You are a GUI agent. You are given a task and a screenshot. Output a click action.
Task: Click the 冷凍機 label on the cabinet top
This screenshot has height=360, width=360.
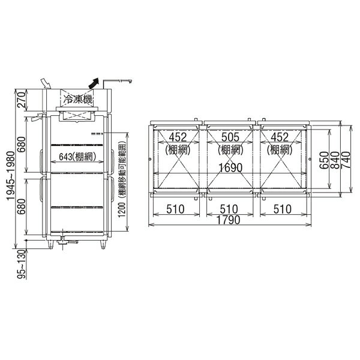pyautogui.click(x=78, y=100)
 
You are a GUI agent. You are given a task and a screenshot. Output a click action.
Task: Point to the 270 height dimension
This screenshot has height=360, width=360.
pyautogui.click(x=21, y=100)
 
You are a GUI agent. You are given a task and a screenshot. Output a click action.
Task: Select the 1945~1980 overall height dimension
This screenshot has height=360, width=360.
pyautogui.click(x=11, y=176)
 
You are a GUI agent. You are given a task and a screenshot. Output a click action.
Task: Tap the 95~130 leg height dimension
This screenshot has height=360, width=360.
pyautogui.click(x=22, y=265)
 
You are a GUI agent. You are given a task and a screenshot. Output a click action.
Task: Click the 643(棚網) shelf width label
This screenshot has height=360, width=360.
pyautogui.click(x=77, y=157)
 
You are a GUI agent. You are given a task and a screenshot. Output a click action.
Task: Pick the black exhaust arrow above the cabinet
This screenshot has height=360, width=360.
pyautogui.click(x=94, y=83)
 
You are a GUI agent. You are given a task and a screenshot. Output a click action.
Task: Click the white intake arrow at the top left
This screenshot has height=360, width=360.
pyautogui.click(x=46, y=83)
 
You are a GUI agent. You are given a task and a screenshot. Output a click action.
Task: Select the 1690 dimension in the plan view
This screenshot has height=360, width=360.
pyautogui.click(x=230, y=168)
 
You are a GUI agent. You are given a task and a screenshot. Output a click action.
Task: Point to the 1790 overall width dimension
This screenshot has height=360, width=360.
pyautogui.click(x=229, y=220)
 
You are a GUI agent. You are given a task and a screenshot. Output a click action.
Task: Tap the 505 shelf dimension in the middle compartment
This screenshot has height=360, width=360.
pyautogui.click(x=230, y=137)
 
